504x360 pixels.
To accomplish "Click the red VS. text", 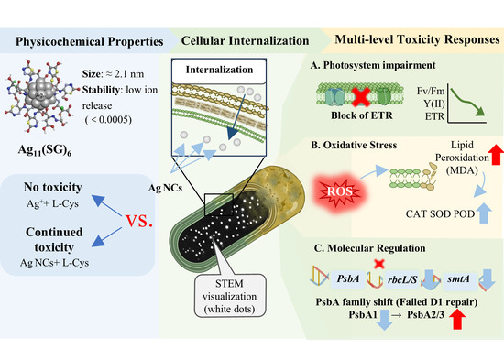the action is [x=139, y=221].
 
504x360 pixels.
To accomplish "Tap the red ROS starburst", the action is [x=340, y=191].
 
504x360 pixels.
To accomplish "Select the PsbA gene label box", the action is [x=348, y=278].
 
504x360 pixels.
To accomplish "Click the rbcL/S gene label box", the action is [x=401, y=279].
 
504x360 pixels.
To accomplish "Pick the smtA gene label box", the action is [x=459, y=278].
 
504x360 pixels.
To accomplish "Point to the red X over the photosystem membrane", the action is [x=362, y=96].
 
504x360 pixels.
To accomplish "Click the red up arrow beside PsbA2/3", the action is [x=457, y=318].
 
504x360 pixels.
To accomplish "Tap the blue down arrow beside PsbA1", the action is [x=385, y=319].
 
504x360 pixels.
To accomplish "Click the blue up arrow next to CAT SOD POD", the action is [x=484, y=213].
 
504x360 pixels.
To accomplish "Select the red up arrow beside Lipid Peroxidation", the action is [x=497, y=155].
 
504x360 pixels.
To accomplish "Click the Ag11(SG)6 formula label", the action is [x=45, y=150].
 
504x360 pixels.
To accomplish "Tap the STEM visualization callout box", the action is [x=230, y=296].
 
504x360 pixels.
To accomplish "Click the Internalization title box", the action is [x=219, y=71].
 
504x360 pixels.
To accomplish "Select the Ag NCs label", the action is [x=165, y=188].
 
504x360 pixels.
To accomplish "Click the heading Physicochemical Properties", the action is [x=90, y=41].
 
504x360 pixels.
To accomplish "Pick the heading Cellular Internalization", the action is [x=245, y=41].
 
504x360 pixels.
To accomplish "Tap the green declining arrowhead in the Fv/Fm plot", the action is [x=479, y=111].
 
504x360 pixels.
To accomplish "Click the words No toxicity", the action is [x=53, y=187].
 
